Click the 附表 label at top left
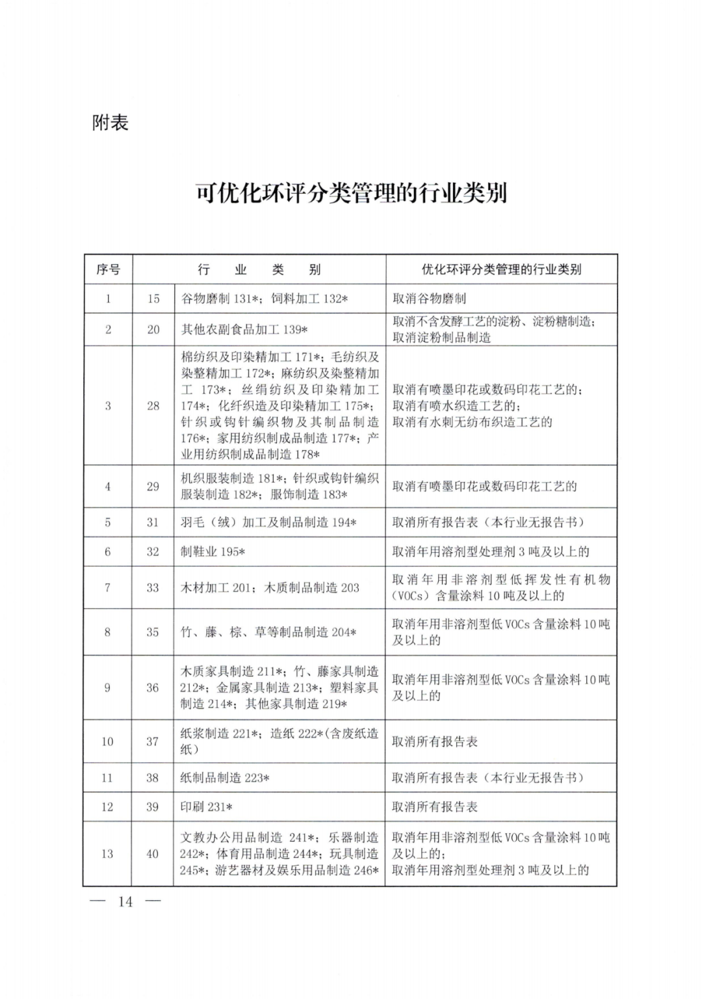tap(110, 122)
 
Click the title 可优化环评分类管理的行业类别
tap(351, 193)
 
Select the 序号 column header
tap(108, 269)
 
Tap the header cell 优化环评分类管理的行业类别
tap(501, 269)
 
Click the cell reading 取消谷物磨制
tap(429, 299)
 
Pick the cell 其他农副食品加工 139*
tap(244, 330)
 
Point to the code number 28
tap(153, 406)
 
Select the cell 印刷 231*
tap(206, 806)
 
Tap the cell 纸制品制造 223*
tap(225, 777)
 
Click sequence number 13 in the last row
tap(107, 854)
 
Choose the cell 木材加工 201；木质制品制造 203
tap(270, 588)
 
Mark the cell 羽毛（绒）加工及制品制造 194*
tap(268, 522)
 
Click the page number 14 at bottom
tap(125, 901)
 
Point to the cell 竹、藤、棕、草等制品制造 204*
tap(268, 632)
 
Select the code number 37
tap(152, 741)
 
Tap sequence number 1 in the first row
tap(108, 299)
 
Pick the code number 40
tap(152, 854)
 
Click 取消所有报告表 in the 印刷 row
tap(435, 806)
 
